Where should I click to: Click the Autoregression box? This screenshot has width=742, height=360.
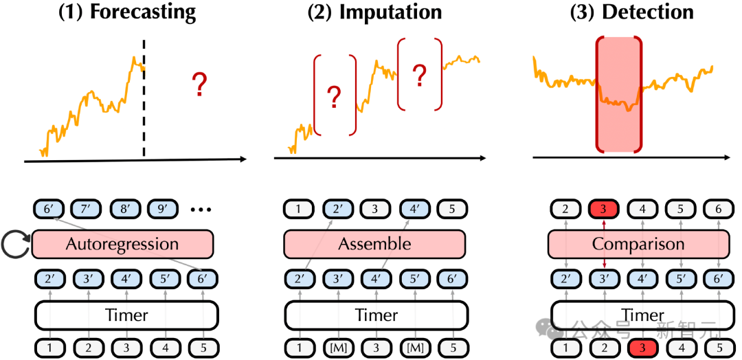tap(122, 244)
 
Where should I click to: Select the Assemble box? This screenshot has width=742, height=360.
tap(374, 244)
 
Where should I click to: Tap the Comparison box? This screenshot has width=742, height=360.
tap(638, 244)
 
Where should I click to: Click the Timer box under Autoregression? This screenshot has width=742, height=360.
tap(126, 315)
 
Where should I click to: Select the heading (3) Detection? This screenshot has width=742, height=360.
tap(632, 12)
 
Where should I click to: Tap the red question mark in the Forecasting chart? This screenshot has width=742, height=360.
tap(199, 85)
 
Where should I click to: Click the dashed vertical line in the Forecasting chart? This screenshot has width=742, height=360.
tap(144, 103)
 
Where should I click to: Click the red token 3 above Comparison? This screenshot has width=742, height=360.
tap(602, 208)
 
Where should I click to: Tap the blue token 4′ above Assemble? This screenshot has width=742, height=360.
tap(414, 208)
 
